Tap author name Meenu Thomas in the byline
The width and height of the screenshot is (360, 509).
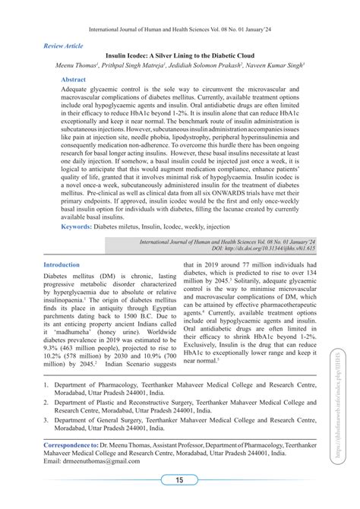pyautogui.click(x=75, y=66)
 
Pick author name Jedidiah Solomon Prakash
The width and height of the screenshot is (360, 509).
pyautogui.click(x=214, y=66)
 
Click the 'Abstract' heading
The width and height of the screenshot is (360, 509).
pyautogui.click(x=73, y=79)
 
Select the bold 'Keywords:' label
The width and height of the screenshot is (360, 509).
pyautogui.click(x=77, y=226)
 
